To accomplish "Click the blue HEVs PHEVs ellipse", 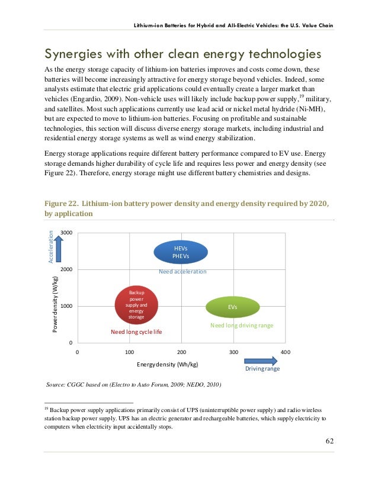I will point(181,252).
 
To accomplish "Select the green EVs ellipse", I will point(232,307).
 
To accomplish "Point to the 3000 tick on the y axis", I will point(66,233).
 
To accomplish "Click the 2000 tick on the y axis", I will point(66,269).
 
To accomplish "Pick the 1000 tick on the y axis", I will point(66,306).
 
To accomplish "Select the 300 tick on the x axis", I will point(233,352).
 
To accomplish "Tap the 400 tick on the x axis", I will point(286,352).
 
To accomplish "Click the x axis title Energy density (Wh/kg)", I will point(168,364).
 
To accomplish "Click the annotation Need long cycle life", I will point(136,332).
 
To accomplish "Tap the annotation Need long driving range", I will point(238,326).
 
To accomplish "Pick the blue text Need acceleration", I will point(182,272).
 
